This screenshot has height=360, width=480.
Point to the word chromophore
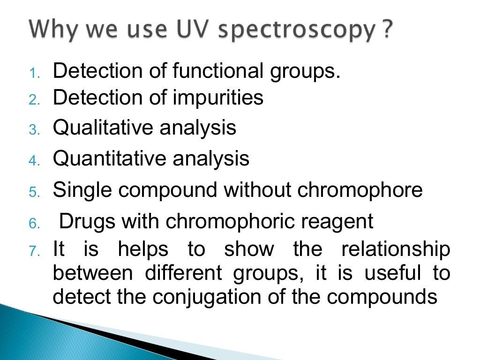(360, 190)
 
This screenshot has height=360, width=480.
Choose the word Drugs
(87, 222)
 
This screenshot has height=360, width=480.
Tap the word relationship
(396, 249)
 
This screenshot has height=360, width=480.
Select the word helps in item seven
(143, 249)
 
